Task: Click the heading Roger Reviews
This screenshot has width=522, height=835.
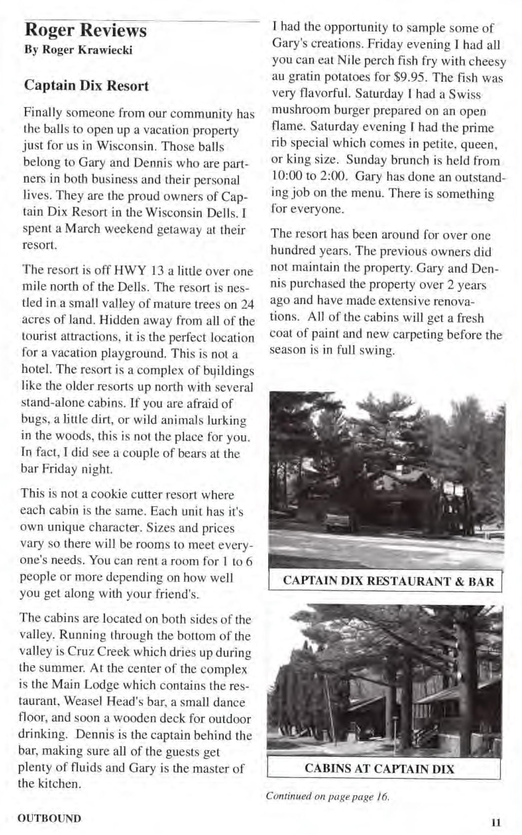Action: click(x=86, y=30)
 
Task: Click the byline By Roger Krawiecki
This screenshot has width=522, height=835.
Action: click(x=78, y=50)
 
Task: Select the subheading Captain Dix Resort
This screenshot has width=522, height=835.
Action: click(x=86, y=86)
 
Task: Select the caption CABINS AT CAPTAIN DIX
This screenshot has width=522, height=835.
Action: click(x=379, y=769)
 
